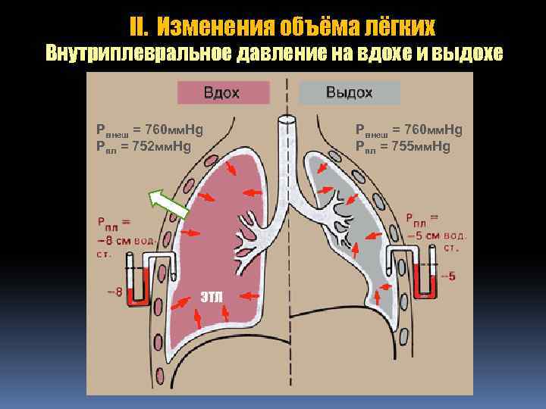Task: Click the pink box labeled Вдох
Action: pyautogui.click(x=223, y=93)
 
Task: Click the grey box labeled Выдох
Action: pyautogui.click(x=350, y=93)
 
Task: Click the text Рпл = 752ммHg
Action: pyautogui.click(x=143, y=146)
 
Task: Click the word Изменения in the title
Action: pyautogui.click(x=224, y=28)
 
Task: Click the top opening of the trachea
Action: pyautogui.click(x=287, y=120)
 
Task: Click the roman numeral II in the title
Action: pyautogui.click(x=137, y=28)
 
